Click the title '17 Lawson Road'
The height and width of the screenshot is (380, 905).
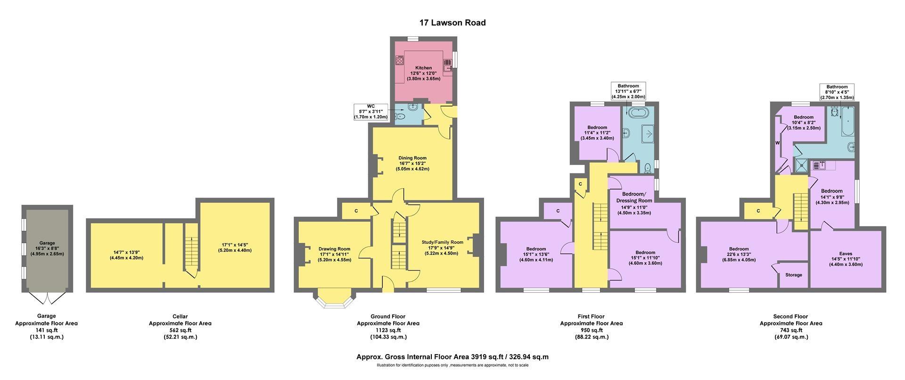click(452, 23)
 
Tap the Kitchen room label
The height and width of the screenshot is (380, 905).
click(423, 68)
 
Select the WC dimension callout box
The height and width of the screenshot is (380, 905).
click(371, 112)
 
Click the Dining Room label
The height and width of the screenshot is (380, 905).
click(412, 158)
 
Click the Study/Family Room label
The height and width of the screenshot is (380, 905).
click(442, 242)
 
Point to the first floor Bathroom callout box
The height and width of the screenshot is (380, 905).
click(628, 91)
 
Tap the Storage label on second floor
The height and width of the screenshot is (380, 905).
click(794, 275)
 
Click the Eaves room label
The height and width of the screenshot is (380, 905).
click(846, 254)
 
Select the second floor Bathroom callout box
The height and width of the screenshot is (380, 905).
click(837, 92)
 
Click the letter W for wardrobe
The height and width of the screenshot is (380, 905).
click(777, 142)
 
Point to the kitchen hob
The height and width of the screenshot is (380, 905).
click(400, 60)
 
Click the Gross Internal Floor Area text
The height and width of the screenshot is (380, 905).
click(452, 357)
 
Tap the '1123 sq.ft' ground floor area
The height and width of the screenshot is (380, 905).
click(388, 330)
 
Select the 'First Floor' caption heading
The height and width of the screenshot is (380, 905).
click(591, 316)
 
